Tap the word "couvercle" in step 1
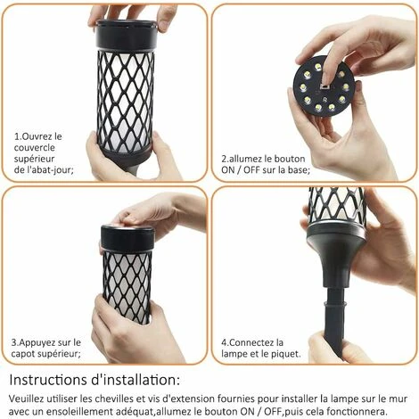[35, 148]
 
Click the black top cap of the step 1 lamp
[125, 35]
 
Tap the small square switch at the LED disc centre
[325, 86]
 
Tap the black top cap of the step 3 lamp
[127, 237]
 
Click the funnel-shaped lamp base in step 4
[336, 255]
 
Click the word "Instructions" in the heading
[47, 380]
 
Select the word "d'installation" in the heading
[134, 380]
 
